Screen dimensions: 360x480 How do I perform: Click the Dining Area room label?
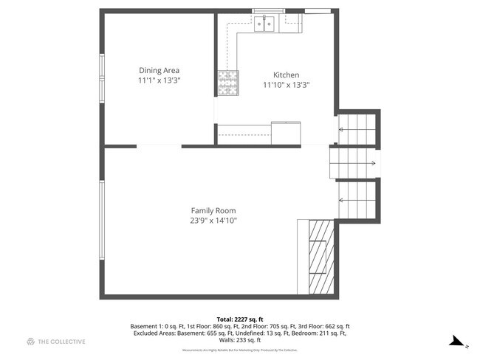pos(160,71)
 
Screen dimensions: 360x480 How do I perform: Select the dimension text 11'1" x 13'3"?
pos(160,80)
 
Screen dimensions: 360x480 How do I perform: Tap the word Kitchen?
pos(286,75)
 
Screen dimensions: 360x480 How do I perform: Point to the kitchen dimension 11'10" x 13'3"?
pos(286,85)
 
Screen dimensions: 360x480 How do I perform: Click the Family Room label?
pos(213,210)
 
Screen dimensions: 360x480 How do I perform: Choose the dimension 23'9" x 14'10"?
pos(213,220)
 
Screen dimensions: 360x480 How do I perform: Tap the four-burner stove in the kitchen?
pos(227,83)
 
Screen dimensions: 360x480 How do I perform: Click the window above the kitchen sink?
pos(268,10)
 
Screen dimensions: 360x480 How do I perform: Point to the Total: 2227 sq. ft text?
pos(239,319)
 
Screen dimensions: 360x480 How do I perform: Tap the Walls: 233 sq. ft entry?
pos(239,340)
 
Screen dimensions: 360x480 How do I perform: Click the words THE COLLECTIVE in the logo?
pos(63,342)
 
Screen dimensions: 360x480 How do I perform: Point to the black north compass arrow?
pos(458,341)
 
